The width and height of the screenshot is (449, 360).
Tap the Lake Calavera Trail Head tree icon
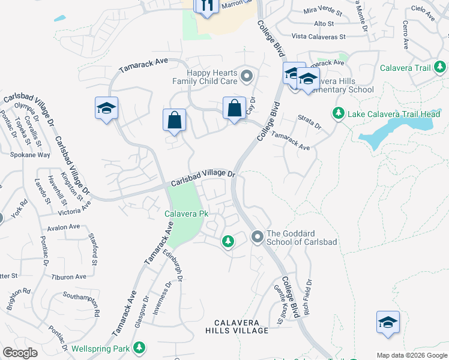click(338, 113)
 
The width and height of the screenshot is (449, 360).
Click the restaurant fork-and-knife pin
click(205, 6)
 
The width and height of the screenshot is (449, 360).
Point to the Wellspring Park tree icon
click(139, 347)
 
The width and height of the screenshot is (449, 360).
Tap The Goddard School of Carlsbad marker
click(258, 238)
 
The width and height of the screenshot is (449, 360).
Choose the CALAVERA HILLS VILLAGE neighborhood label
click(237, 326)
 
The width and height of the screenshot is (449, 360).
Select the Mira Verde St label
click(322, 11)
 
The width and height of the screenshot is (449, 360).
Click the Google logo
click(20, 353)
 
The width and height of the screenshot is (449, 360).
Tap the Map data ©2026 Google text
click(411, 355)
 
